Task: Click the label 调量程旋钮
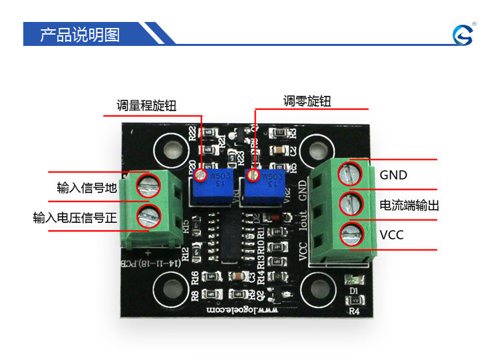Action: pyautogui.click(x=146, y=105)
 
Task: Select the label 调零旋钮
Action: pyautogui.click(x=307, y=101)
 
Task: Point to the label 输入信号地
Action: pyautogui.click(x=87, y=188)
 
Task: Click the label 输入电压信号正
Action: pyautogui.click(x=75, y=217)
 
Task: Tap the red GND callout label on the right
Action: pyautogui.click(x=393, y=175)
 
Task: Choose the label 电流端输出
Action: pyautogui.click(x=409, y=206)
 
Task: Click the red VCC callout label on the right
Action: pyautogui.click(x=392, y=235)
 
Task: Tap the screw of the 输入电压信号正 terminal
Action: pyautogui.click(x=148, y=215)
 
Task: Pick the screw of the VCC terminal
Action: pyautogui.click(x=350, y=234)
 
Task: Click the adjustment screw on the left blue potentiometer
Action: pyautogui.click(x=200, y=175)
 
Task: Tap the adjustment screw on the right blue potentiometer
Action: pyautogui.click(x=252, y=175)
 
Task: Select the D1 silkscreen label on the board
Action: pyautogui.click(x=353, y=291)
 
